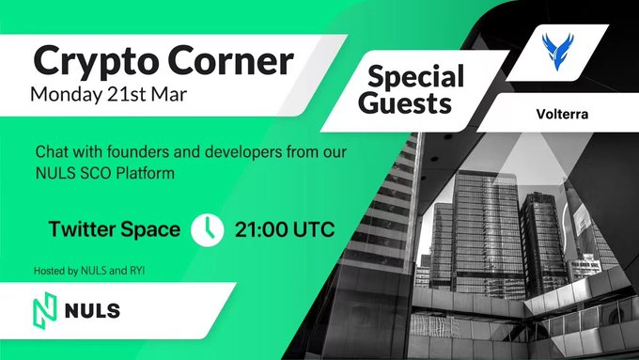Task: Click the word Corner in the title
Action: pyautogui.click(x=230, y=60)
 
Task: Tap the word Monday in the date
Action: pyautogui.click(x=67, y=95)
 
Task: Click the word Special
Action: pyautogui.click(x=415, y=77)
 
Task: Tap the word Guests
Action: pyautogui.click(x=405, y=102)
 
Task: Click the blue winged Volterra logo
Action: pyautogui.click(x=557, y=52)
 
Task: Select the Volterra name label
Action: pyautogui.click(x=562, y=114)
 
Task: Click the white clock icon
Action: pyautogui.click(x=208, y=230)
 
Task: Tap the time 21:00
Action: pyautogui.click(x=261, y=230)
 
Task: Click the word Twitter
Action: pyautogui.click(x=82, y=229)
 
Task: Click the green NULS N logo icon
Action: pyautogui.click(x=45, y=311)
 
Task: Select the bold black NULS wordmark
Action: pyautogui.click(x=92, y=311)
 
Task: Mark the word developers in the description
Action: pyautogui.click(x=242, y=152)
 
